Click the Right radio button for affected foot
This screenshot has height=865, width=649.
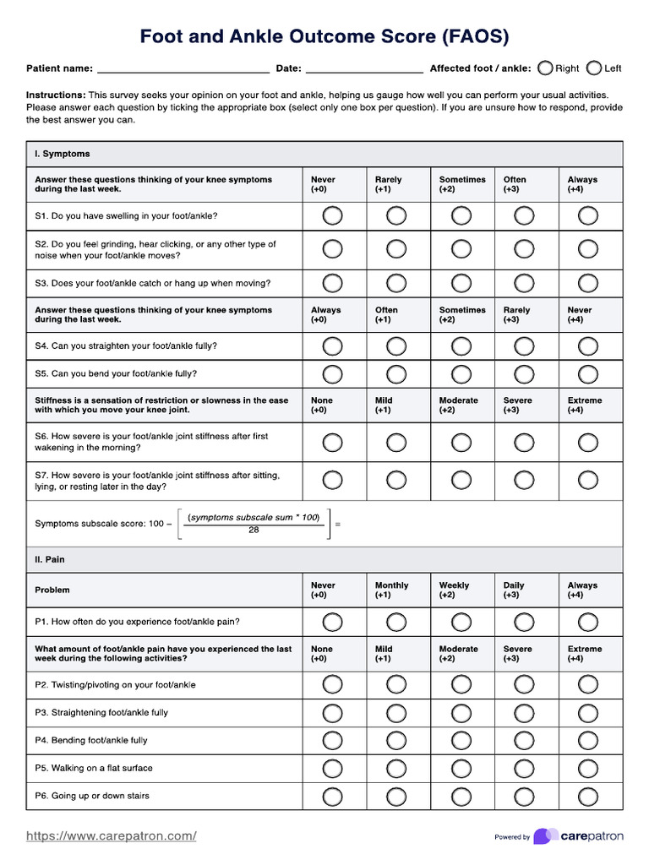[x=546, y=68]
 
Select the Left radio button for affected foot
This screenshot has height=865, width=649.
[x=594, y=68]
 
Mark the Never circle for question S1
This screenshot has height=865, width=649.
[x=332, y=216]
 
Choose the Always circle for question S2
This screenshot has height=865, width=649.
[x=588, y=248]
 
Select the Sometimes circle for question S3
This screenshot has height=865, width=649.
[x=461, y=283]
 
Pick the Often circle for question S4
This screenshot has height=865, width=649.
[x=396, y=346]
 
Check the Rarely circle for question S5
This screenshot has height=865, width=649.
[x=525, y=373]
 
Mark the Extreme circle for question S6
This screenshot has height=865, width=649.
[x=588, y=442]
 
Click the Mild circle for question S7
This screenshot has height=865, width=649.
[x=396, y=480]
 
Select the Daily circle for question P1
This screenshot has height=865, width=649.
[x=525, y=622]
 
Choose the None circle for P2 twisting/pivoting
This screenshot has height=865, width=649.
[x=332, y=684]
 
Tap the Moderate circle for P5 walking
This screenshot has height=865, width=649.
[x=461, y=768]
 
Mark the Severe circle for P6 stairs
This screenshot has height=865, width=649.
[x=525, y=796]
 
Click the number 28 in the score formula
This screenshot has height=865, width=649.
[x=254, y=530]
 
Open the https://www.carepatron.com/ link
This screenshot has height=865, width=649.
[x=112, y=836]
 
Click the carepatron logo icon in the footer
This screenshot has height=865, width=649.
[x=546, y=836]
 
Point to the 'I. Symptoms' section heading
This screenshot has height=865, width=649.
[x=62, y=155]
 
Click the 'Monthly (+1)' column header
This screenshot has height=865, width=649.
[x=391, y=590]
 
